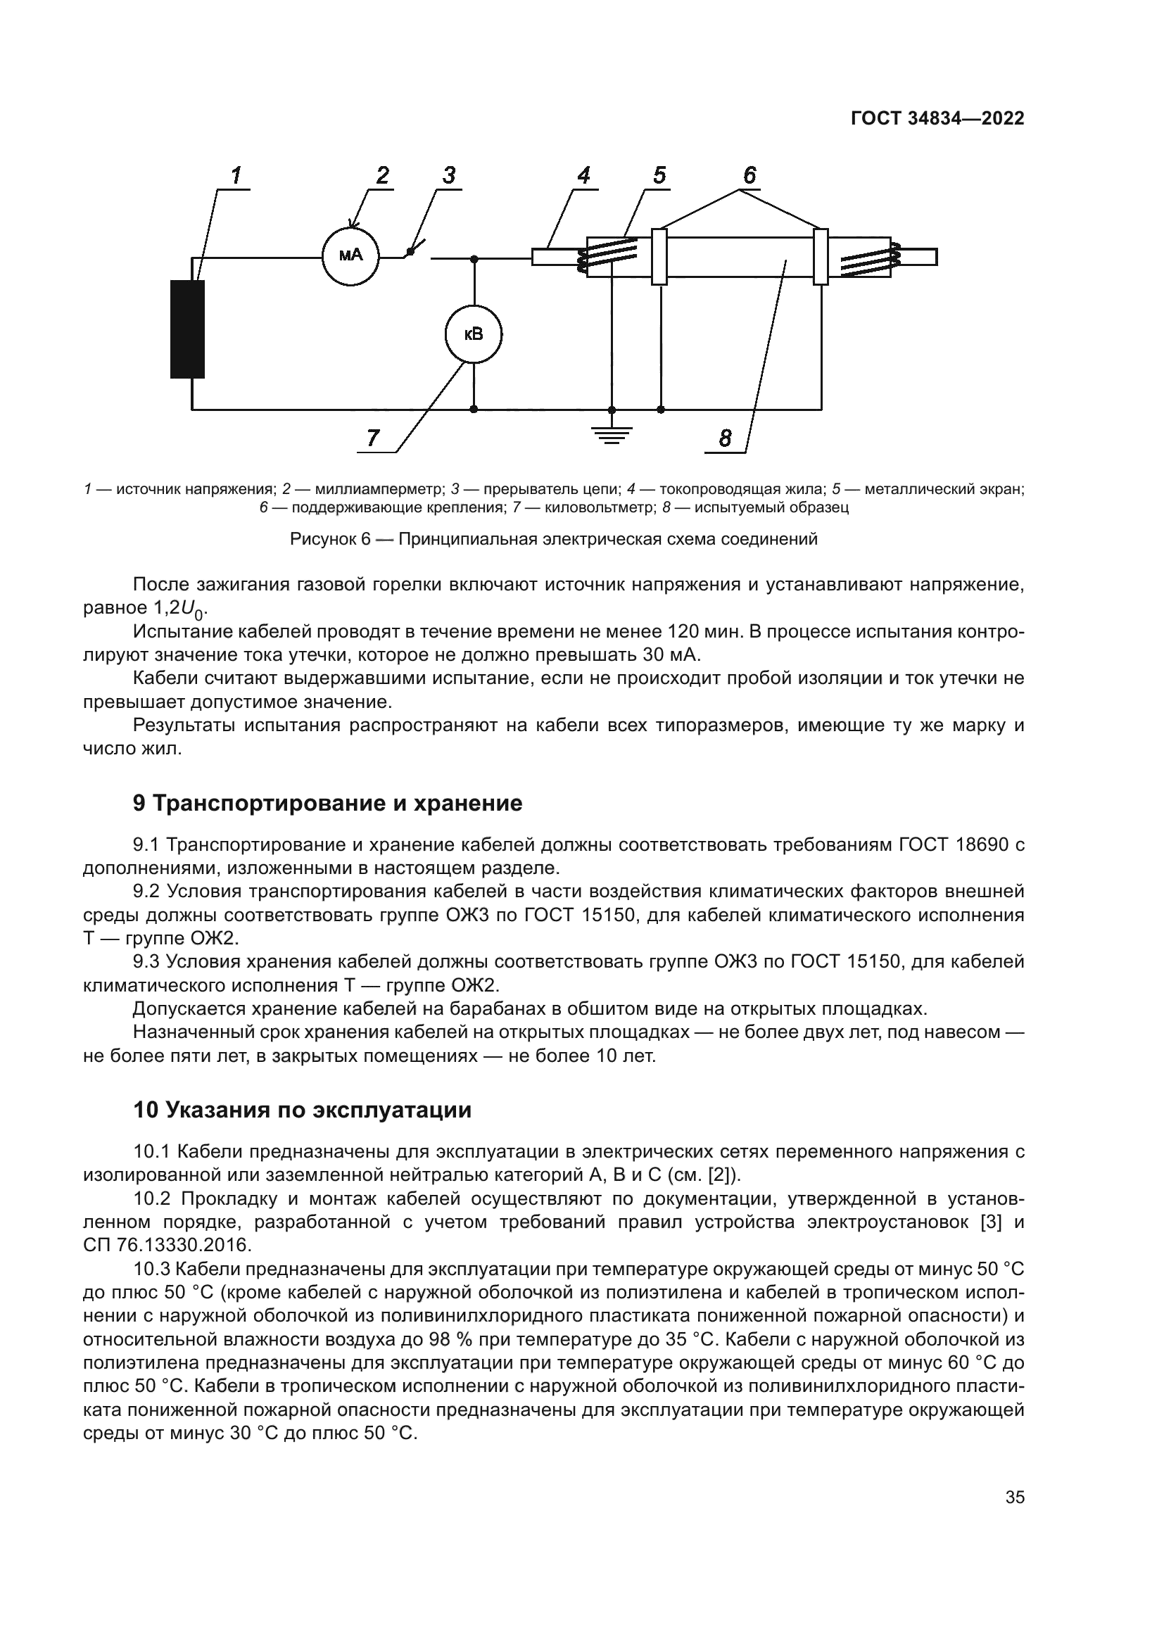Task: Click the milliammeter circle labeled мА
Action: pyautogui.click(x=350, y=256)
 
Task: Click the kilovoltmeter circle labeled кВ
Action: pyautogui.click(x=473, y=334)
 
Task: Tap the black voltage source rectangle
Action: pyautogui.click(x=188, y=329)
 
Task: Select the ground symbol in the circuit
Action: pyautogui.click(x=611, y=433)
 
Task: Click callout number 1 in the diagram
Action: pyautogui.click(x=236, y=175)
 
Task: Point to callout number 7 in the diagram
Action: pyautogui.click(x=373, y=437)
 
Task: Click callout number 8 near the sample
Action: pyautogui.click(x=726, y=438)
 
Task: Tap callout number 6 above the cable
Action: pyautogui.click(x=749, y=175)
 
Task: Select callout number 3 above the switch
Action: pyautogui.click(x=449, y=175)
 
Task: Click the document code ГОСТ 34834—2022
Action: pyautogui.click(x=937, y=119)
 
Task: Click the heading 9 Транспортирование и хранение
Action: pyautogui.click(x=327, y=804)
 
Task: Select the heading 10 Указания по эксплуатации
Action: pyautogui.click(x=302, y=1110)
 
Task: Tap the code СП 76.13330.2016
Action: pyautogui.click(x=167, y=1246)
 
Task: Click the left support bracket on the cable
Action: pyautogui.click(x=659, y=256)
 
